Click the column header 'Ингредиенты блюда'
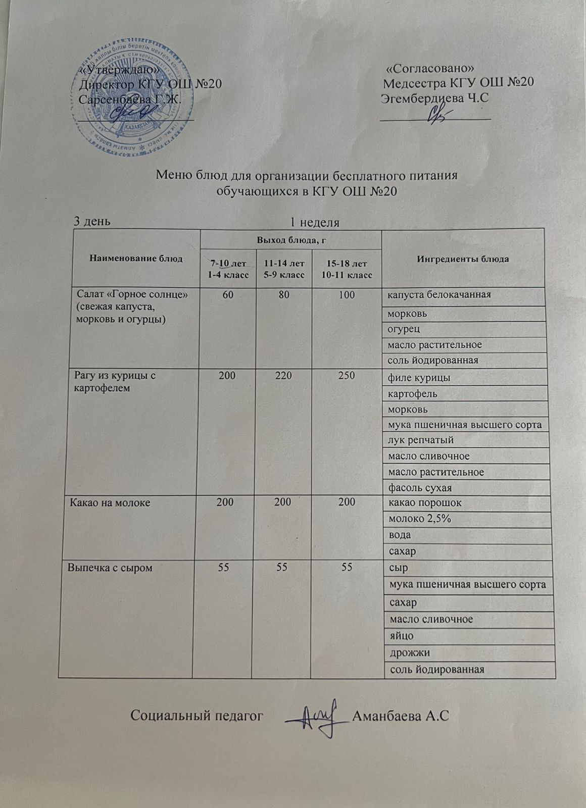coord(463,259)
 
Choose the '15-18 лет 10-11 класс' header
coord(346,269)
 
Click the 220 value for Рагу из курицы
coord(283,376)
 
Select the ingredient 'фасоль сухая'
coord(419,488)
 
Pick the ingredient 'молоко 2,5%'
coord(419,519)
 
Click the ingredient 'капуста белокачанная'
coord(439,294)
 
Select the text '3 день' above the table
coord(93,221)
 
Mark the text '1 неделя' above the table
coord(314,222)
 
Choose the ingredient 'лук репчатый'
coord(420,440)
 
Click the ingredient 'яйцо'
coord(402,635)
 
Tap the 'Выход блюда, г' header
coord(290,239)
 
